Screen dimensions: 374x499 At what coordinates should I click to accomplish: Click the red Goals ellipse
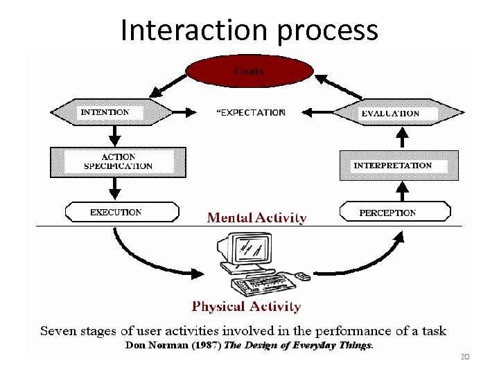pos(249,72)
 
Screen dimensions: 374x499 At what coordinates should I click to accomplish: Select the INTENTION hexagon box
pos(112,112)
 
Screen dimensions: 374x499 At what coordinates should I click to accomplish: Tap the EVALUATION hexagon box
pos(399,112)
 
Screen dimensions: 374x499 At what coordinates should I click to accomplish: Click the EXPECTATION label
pos(252,112)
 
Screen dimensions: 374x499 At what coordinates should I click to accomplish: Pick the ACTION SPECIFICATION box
pos(118,162)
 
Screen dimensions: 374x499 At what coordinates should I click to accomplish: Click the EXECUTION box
pos(121,212)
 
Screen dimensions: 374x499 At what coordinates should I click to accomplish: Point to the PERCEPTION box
pos(394,212)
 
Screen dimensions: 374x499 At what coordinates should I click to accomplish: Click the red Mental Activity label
pos(256,218)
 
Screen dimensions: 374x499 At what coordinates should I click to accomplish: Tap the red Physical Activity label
pos(246,306)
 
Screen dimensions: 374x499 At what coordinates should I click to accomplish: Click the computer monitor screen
pos(250,247)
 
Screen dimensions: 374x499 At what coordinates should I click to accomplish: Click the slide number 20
pos(464,357)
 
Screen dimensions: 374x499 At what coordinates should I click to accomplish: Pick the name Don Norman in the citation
pos(152,344)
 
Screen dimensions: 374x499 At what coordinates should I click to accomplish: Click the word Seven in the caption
pos(58,330)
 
